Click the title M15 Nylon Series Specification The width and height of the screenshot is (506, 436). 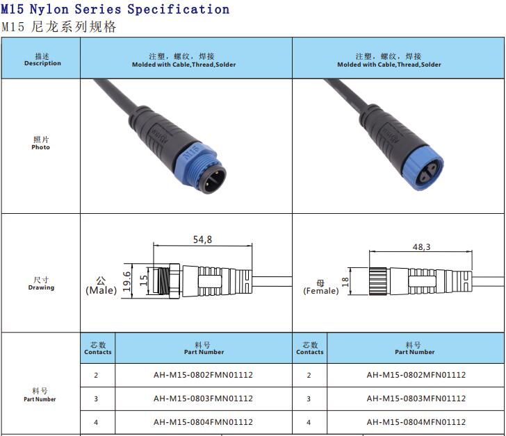tap(115, 9)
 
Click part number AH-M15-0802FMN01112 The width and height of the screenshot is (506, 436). tap(203, 375)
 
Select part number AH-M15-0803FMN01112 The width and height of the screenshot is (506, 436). tap(203, 399)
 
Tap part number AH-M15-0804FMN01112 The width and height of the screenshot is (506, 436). tap(203, 422)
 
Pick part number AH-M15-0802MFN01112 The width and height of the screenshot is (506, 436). tap(416, 375)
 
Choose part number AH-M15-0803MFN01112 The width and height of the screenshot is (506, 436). tap(416, 399)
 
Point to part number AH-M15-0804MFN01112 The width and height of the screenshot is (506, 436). tap(416, 422)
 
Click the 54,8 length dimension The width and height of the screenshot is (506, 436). tap(202, 240)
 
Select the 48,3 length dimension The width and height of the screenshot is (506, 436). tap(422, 246)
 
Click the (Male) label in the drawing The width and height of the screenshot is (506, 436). tap(101, 290)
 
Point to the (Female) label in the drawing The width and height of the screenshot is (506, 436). tap(320, 291)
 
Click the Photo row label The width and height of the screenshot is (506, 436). tap(40, 144)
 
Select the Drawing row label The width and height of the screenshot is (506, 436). tap(40, 284)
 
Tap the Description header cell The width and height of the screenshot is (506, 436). tap(42, 60)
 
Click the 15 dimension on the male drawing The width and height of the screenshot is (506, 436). tap(144, 280)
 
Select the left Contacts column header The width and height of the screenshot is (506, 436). tap(98, 348)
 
